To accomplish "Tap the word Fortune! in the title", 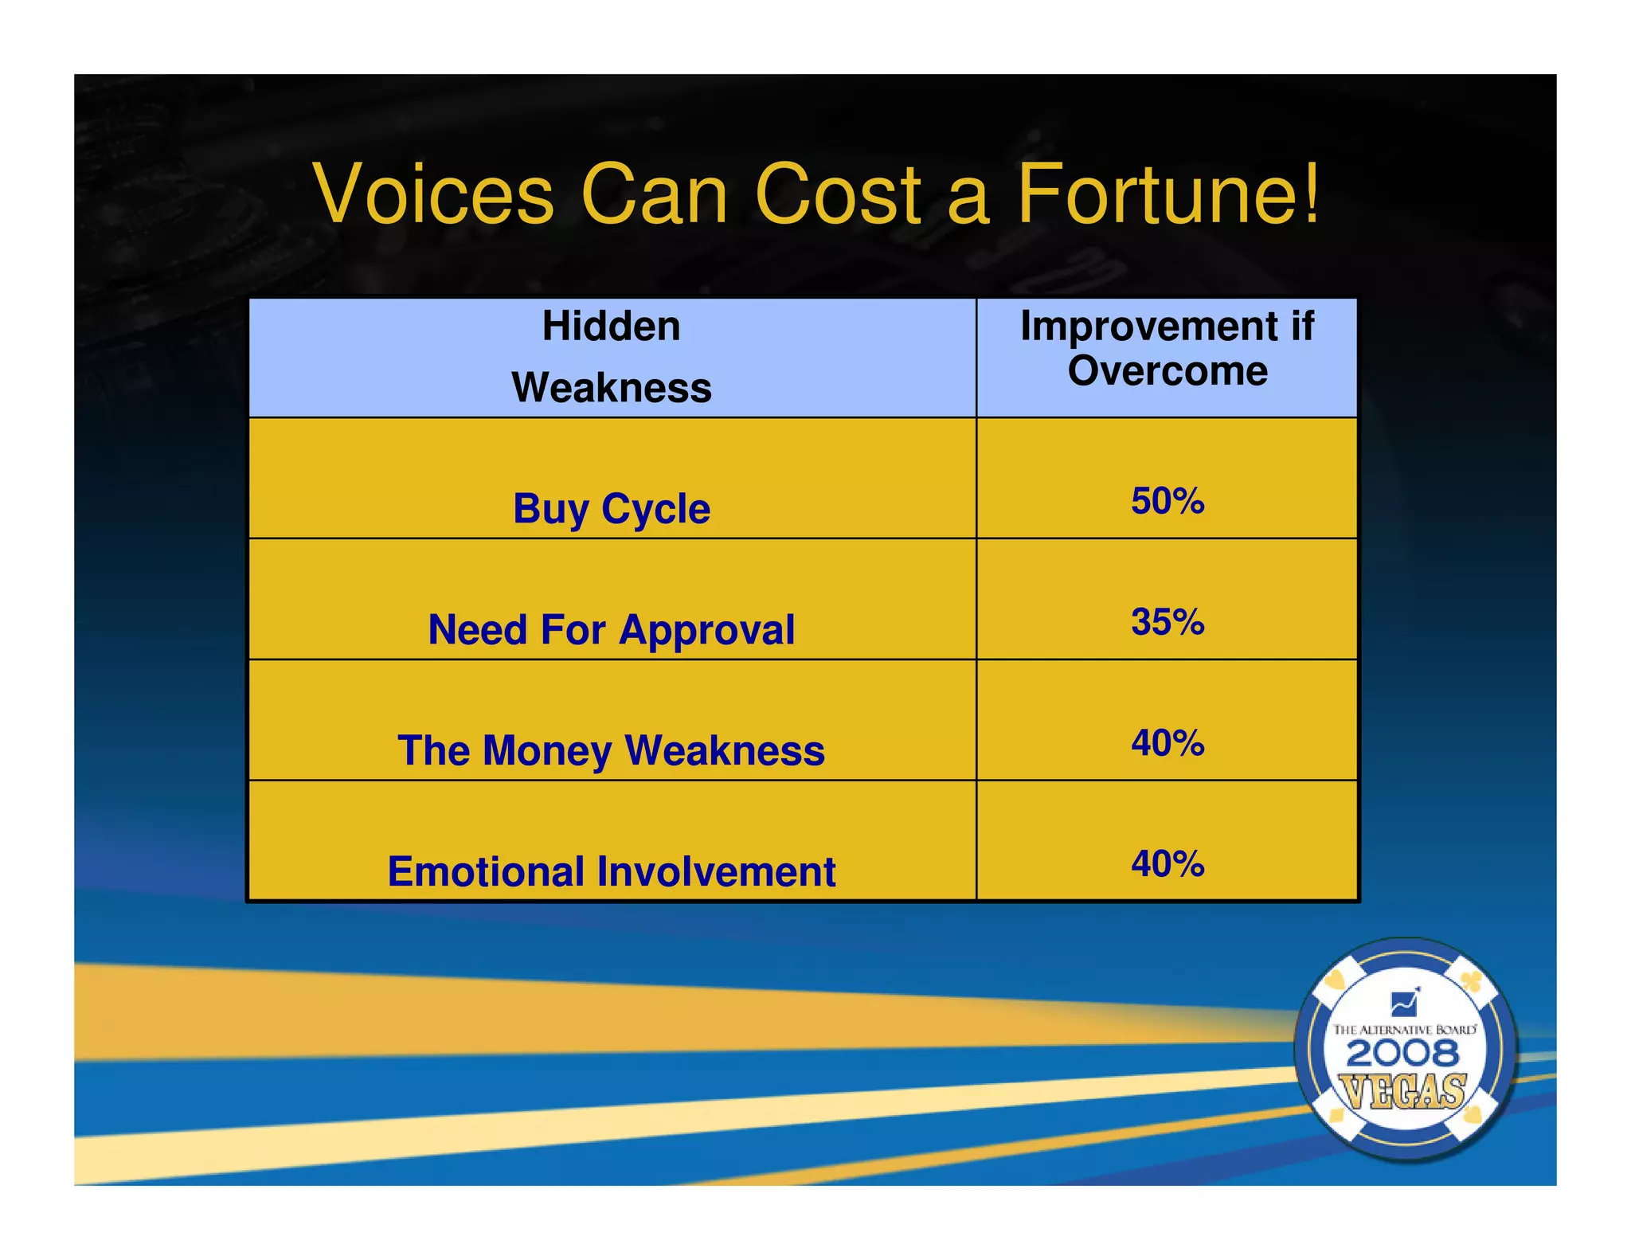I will (1168, 195).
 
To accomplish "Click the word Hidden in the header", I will (611, 327).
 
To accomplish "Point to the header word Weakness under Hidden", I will (611, 388).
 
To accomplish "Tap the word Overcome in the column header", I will (1168, 371).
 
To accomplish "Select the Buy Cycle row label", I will (611, 509).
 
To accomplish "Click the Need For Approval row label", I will (611, 630).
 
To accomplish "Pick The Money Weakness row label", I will (611, 751).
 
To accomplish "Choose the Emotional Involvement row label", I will (611, 871).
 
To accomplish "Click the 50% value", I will (1168, 501).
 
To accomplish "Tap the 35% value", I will (1168, 622).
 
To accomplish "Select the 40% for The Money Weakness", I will (1168, 743).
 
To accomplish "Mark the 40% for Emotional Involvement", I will (1168, 864).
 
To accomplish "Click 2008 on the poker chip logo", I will (1403, 1055).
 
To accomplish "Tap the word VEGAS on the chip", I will (1403, 1091).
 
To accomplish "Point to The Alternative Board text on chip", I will (1405, 1030).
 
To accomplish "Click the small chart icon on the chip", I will (1404, 1003).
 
